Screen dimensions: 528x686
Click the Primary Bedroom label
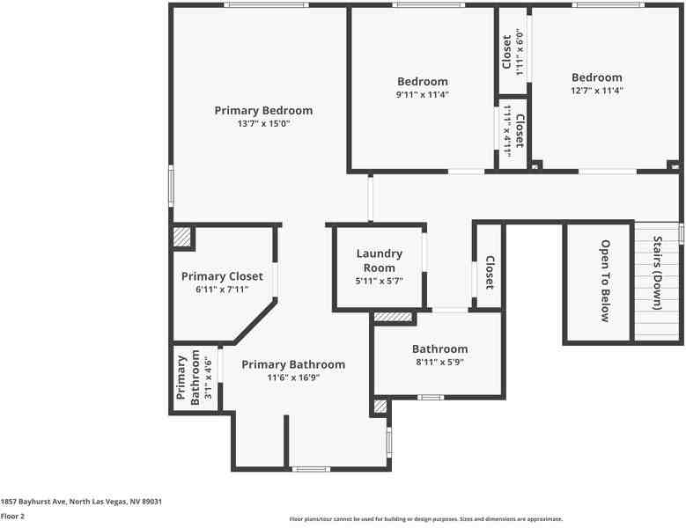point(263,111)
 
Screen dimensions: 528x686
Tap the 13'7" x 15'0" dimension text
point(263,124)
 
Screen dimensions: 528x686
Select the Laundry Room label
point(379,260)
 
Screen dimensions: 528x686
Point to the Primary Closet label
point(222,276)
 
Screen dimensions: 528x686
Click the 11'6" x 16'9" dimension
point(293,378)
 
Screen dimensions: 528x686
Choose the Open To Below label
point(605,281)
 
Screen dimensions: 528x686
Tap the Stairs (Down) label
point(657,273)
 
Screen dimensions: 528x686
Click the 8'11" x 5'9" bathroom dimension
point(439,362)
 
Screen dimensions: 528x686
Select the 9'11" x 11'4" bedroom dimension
point(422,94)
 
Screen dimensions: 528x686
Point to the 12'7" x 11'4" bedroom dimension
point(596,91)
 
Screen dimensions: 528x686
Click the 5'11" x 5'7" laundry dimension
point(379,282)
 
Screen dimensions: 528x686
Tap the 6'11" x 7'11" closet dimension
point(222,290)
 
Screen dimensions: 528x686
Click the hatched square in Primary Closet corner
point(182,237)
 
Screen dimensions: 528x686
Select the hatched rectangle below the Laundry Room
point(393,317)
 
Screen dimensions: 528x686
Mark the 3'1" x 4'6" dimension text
point(209,378)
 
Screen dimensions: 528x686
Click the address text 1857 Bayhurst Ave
point(81,502)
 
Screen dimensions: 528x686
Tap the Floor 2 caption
point(12,517)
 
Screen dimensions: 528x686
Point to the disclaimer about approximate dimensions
point(425,519)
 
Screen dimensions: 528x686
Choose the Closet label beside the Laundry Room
point(490,273)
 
